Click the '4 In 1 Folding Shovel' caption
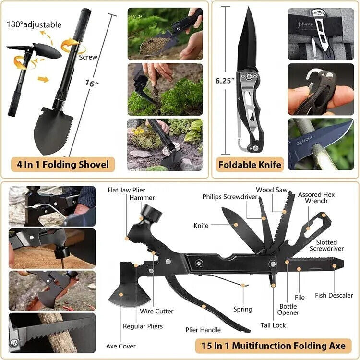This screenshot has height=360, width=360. click(63, 165)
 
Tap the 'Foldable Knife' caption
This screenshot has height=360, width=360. click(250, 165)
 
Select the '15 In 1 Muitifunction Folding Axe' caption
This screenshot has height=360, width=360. click(273, 346)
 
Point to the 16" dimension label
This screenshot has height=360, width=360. click(91, 84)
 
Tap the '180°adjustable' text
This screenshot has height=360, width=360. click(34, 25)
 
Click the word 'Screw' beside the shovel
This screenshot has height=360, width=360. click(88, 57)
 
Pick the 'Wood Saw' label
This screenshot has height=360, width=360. click(272, 190)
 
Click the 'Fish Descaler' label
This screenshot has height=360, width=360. click(334, 295)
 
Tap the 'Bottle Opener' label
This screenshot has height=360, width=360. click(288, 309)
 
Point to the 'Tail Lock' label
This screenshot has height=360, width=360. click(273, 325)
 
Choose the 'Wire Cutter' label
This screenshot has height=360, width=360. click(157, 312)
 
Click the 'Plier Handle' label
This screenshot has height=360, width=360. click(203, 330)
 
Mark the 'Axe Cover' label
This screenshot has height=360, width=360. click(120, 346)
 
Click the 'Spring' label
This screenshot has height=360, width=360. click(242, 309)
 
